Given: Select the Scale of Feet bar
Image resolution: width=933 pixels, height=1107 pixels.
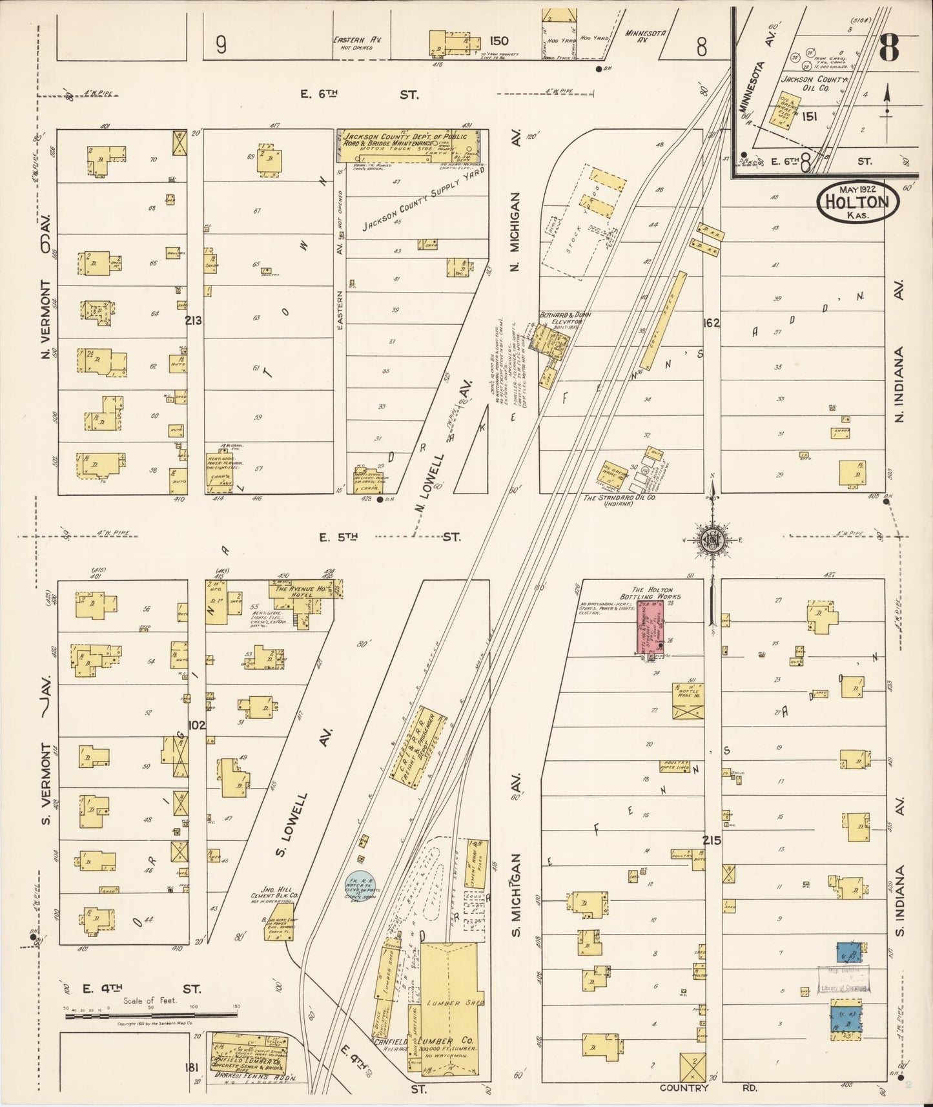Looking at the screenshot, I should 152,1015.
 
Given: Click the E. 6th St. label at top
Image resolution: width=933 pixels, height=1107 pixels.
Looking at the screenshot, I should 359,94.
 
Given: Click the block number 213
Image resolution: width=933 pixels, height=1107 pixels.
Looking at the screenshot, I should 193,320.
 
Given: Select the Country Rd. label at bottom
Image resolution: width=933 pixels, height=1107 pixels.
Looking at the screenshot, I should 708,1088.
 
